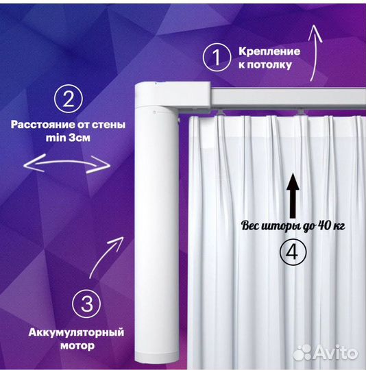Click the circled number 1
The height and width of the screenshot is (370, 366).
(x=217, y=57)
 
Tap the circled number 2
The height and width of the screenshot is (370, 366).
(x=69, y=99)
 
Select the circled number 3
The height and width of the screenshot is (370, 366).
(x=86, y=304)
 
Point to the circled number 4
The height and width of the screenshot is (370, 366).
(x=293, y=252)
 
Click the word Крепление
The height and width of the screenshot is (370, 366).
(x=269, y=51)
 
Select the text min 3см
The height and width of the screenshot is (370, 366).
(x=69, y=138)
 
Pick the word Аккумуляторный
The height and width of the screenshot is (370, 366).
(x=76, y=332)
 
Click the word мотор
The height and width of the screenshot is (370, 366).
(x=77, y=346)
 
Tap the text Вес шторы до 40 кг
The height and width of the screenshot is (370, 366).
(x=293, y=226)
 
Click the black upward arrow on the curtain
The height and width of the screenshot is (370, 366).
(x=293, y=195)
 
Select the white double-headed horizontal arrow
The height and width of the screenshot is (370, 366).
(x=66, y=163)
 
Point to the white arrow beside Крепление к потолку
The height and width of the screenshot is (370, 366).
(x=314, y=52)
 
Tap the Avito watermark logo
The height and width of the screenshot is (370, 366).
(x=326, y=353)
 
